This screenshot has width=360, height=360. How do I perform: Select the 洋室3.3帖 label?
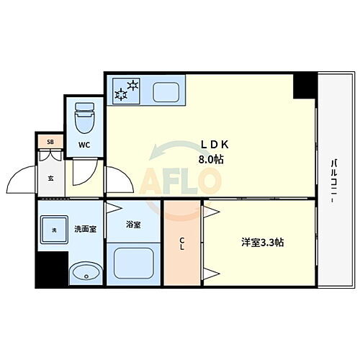[261, 243]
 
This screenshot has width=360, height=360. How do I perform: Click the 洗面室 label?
[85, 230]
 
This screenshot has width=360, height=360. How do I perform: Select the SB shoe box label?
[50, 142]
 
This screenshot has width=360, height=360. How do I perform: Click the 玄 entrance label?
[51, 178]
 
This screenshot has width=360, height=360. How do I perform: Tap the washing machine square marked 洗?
[53, 230]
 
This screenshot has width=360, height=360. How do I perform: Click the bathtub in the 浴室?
[132, 266]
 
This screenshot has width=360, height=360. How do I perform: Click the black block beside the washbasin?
[52, 269]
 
